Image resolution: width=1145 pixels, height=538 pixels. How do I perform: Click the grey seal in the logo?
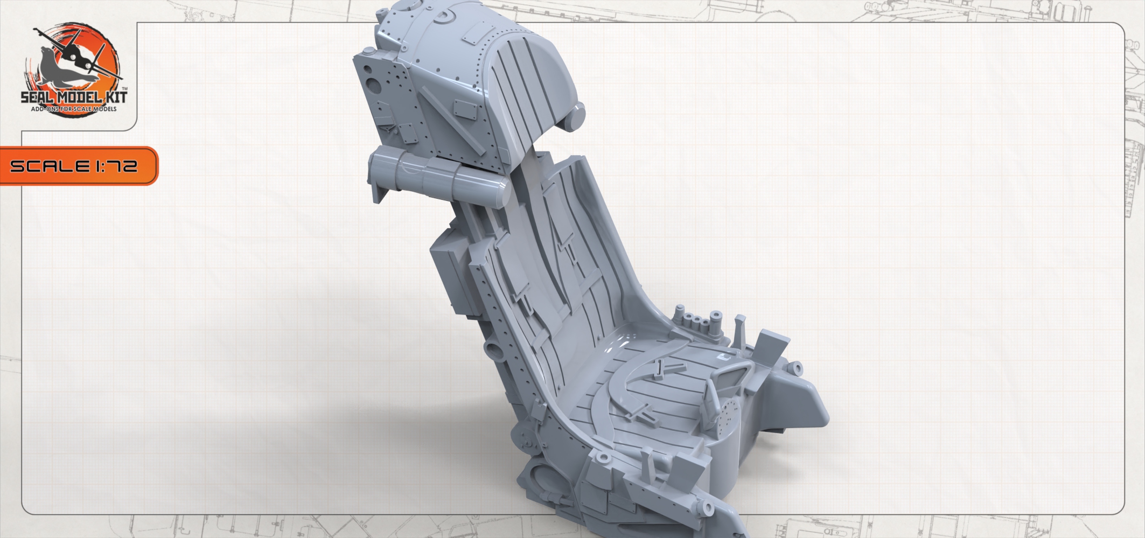(59, 67)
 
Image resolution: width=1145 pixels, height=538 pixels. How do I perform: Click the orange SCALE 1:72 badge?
(75, 166)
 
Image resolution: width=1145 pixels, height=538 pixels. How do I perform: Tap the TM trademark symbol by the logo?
(125, 88)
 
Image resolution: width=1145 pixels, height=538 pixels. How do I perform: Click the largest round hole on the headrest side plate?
(372, 85)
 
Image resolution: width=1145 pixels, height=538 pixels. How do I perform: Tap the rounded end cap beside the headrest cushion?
(575, 119)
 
